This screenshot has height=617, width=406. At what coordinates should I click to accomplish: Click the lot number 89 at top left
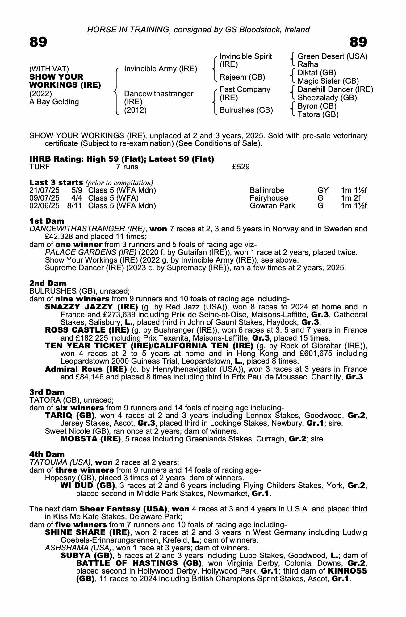[x=38, y=42]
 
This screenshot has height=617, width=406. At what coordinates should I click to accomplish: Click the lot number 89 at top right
[x=358, y=42]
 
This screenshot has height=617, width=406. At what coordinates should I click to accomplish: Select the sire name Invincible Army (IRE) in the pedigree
[x=160, y=69]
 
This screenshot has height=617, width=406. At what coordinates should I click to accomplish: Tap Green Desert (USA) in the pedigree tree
[x=332, y=56]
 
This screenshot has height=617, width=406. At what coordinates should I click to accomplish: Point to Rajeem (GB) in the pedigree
[x=242, y=77]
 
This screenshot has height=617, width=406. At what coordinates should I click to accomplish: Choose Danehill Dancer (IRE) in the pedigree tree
[x=335, y=89]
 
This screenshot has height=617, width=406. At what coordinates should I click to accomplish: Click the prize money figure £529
[x=241, y=167]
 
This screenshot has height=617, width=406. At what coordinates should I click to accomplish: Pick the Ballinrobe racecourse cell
[x=267, y=190]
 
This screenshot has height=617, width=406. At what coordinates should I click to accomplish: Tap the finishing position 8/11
[x=74, y=206]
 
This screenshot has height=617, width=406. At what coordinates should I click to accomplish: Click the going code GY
[x=323, y=190]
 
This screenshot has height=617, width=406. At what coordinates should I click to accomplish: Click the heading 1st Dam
[x=47, y=221]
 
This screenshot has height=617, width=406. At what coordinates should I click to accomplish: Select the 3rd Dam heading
[x=47, y=392]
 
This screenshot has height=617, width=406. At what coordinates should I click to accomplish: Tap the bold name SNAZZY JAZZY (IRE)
[x=91, y=307]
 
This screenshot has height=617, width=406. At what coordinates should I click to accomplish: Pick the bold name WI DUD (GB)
[x=88, y=486]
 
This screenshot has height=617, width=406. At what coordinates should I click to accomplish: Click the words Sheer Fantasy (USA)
[x=123, y=509]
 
